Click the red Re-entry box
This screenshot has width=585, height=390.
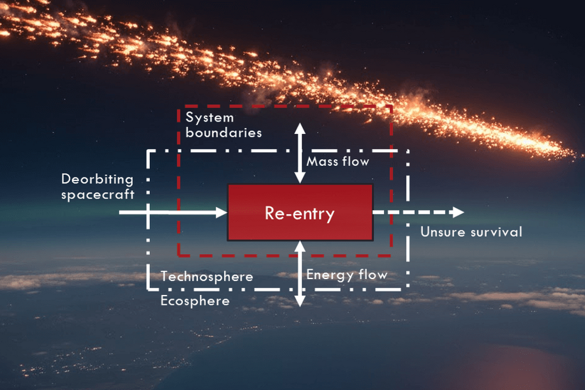coord(300,212)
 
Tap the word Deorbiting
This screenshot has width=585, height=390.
coord(97,179)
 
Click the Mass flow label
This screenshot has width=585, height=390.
coord(338,161)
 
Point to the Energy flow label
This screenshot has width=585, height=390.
coord(347,275)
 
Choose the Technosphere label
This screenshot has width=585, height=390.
coord(207,277)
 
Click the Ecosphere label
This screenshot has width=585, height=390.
coord(195,301)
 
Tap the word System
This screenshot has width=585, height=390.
coord(210,118)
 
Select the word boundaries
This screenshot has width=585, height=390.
coord(224,133)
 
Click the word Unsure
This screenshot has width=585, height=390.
coord(443,232)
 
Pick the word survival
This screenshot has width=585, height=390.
coord(496,232)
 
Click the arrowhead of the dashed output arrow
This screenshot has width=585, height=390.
coord(458,212)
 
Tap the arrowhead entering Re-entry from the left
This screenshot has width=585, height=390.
coord(222,212)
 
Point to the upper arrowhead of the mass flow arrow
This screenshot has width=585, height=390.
coord(300,129)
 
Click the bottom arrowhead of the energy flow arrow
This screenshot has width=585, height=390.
coord(300,301)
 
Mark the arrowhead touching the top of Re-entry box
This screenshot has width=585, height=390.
coord(300,178)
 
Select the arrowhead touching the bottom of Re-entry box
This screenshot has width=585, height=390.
coord(300,247)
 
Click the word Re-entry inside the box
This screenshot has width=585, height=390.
coord(300,213)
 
